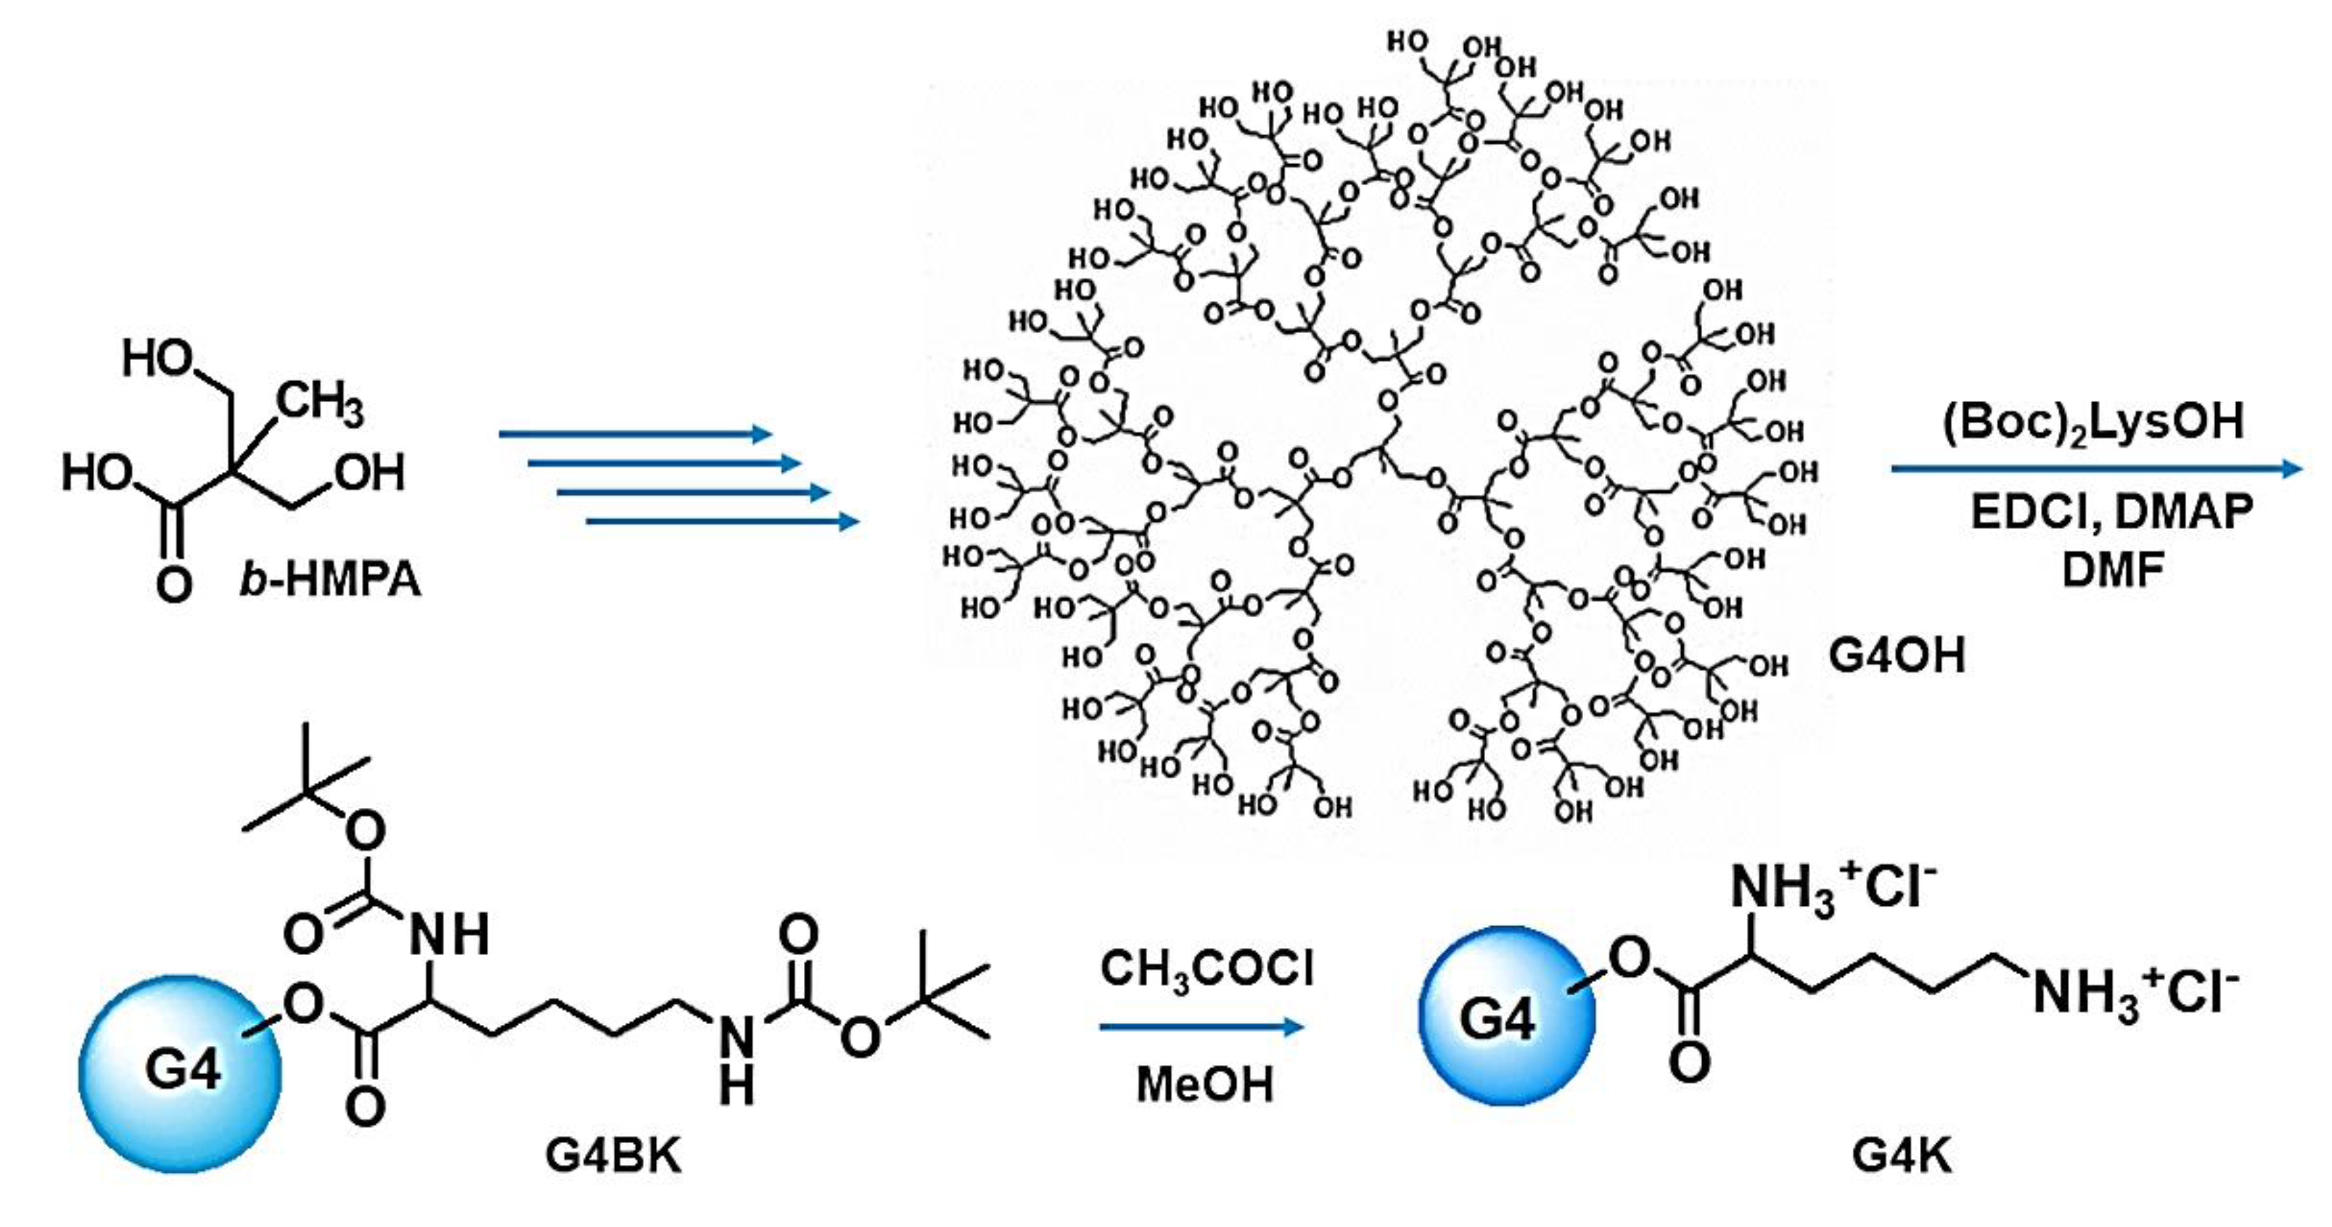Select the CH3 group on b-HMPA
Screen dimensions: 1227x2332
[x=320, y=404]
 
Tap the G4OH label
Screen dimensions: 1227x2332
[x=1897, y=654]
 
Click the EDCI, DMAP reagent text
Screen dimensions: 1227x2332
[x=2113, y=512]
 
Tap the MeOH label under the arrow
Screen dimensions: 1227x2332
[x=1204, y=1084]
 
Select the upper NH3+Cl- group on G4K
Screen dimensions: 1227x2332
[x=1832, y=887]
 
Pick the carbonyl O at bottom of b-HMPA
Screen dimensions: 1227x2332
[x=174, y=584]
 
